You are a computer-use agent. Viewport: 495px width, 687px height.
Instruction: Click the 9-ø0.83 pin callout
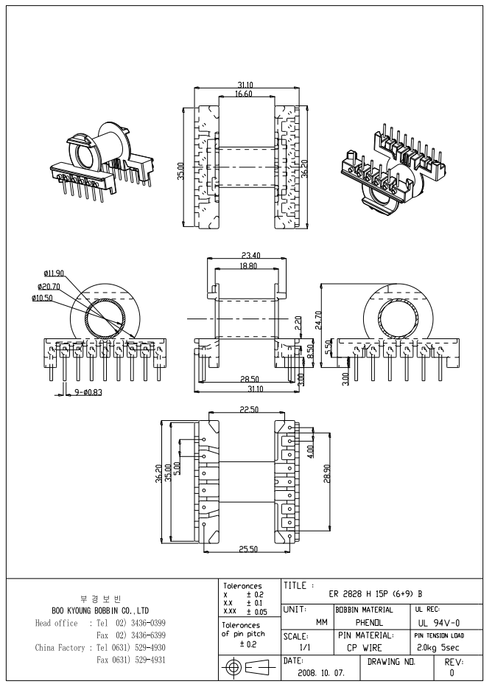tap(86, 392)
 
